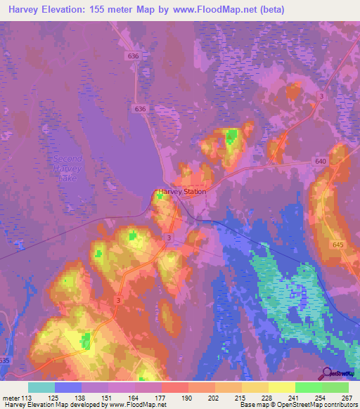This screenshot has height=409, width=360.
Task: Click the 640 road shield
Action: click(x=321, y=160)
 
